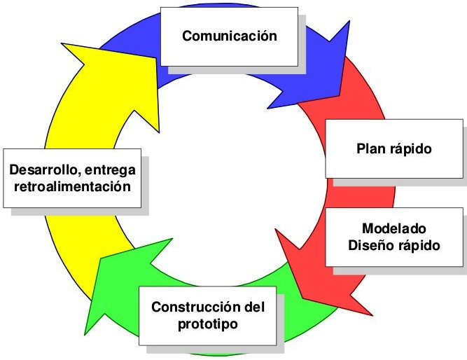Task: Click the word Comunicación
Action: (229, 35)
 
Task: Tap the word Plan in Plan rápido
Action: (370, 148)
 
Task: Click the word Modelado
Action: (394, 229)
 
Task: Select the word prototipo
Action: (209, 324)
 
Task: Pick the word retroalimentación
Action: (73, 187)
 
